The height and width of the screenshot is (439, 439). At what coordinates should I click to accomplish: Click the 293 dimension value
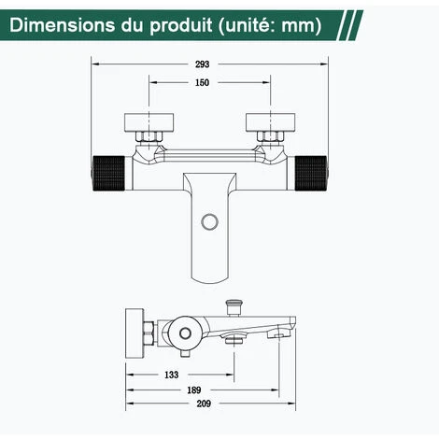203,64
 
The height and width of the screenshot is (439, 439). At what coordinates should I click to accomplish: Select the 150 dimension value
203,83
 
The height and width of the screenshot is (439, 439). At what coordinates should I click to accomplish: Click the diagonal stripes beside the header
370,24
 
